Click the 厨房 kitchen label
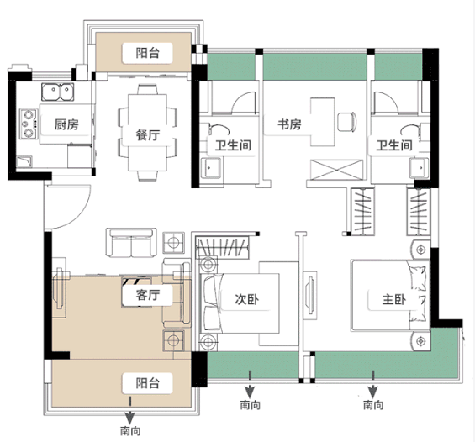pos(66,124)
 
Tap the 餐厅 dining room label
pos(147,135)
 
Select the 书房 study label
pos(289,124)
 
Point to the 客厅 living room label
pos(147,295)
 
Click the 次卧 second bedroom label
pos(247,299)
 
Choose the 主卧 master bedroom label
pos(393,299)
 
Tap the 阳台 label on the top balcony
pos(147,53)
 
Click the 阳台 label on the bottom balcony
pos(147,383)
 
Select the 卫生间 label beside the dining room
pos(233,145)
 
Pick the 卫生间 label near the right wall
pos(394,145)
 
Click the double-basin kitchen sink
pos(57,92)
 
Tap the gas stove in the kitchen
pos(29,124)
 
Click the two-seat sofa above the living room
pos(131,243)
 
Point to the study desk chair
pos(347,122)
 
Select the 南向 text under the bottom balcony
pos(130,430)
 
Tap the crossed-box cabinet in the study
pos(336,170)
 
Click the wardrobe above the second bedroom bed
pos(222,247)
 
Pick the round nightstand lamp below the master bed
pos(420,341)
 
